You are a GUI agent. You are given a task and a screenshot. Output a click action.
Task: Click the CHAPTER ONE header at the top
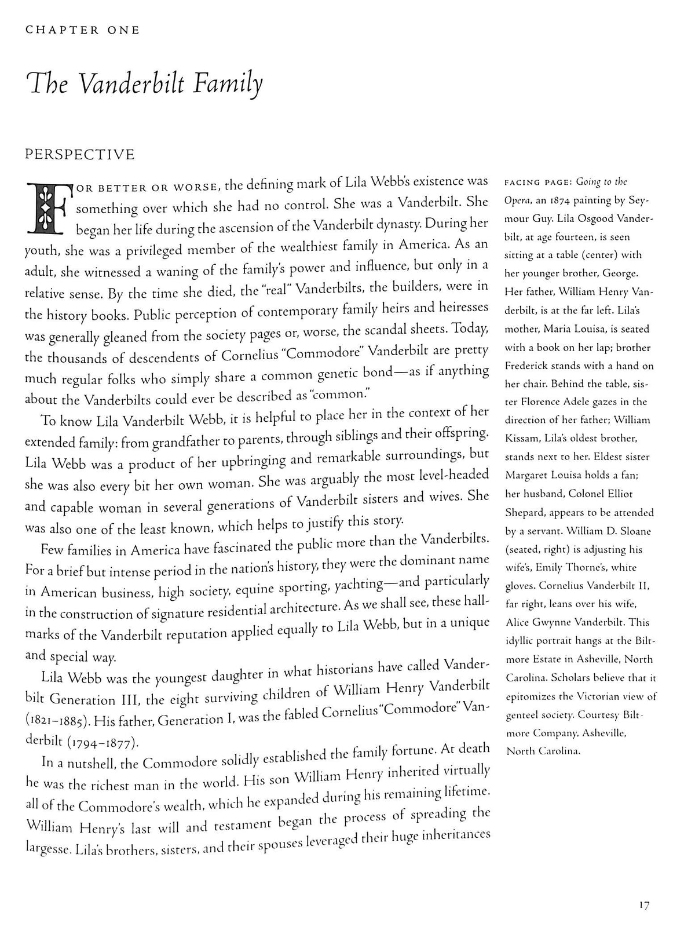(x=82, y=30)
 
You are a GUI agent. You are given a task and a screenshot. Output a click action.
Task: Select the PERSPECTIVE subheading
(x=80, y=155)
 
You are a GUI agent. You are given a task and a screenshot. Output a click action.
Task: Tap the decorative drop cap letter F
(x=45, y=207)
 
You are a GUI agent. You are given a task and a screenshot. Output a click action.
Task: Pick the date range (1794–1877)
(x=103, y=742)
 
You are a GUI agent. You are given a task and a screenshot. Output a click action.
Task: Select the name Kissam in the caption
(x=523, y=439)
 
